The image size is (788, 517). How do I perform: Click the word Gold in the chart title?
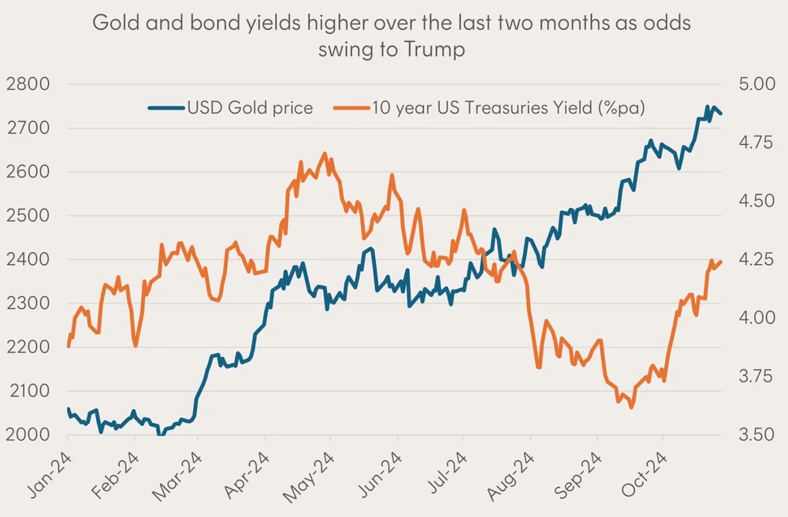click(113, 23)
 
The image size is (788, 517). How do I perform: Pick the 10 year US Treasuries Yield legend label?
click(510, 108)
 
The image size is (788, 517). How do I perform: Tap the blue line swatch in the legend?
click(165, 108)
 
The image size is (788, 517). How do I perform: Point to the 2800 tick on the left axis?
click(28, 84)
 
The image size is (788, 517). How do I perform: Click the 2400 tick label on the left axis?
click(28, 259)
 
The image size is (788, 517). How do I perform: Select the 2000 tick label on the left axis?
click(28, 434)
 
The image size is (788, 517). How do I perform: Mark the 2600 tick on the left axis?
click(28, 172)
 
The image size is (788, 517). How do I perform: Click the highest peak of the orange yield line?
click(325, 154)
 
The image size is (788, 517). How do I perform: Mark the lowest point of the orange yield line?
click(632, 407)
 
